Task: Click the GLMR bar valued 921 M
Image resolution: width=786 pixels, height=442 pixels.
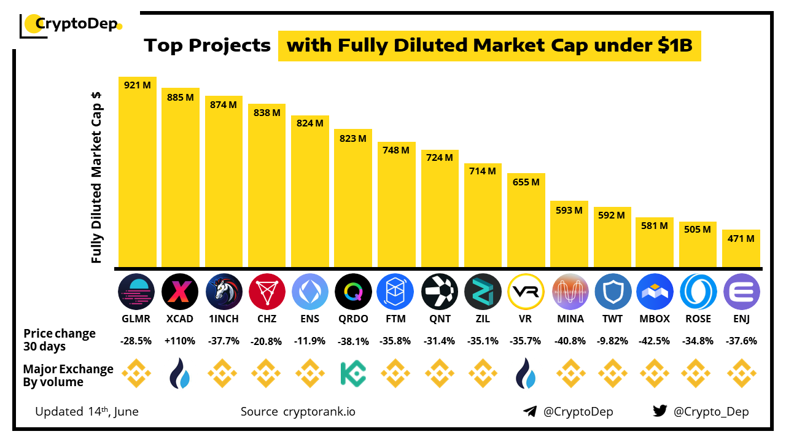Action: pos(138,172)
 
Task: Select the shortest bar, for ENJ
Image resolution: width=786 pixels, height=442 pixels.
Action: pos(741,249)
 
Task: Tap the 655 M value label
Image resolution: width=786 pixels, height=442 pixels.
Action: pos(526,182)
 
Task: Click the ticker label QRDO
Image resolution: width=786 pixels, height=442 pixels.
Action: pos(353,319)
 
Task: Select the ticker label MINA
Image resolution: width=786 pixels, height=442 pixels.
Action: pos(569,319)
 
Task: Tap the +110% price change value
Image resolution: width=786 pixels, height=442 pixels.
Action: pos(180,341)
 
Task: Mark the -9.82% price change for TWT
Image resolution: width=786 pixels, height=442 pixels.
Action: pos(612,341)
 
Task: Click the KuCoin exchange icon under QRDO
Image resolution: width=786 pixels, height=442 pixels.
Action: pos(353,373)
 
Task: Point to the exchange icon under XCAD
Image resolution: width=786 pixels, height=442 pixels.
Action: pos(180,373)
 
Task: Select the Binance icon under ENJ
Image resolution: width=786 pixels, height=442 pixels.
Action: pos(741,373)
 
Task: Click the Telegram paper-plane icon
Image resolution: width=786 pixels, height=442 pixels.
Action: pos(530,411)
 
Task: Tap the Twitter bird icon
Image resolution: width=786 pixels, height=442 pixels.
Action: pos(660,411)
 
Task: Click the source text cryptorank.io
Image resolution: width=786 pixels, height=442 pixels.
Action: pos(319,411)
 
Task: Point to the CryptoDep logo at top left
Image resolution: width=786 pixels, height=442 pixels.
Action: pos(71,25)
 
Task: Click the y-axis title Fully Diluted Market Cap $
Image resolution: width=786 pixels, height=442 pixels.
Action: pos(96,178)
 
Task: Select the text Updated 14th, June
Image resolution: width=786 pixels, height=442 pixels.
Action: pos(87,411)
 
